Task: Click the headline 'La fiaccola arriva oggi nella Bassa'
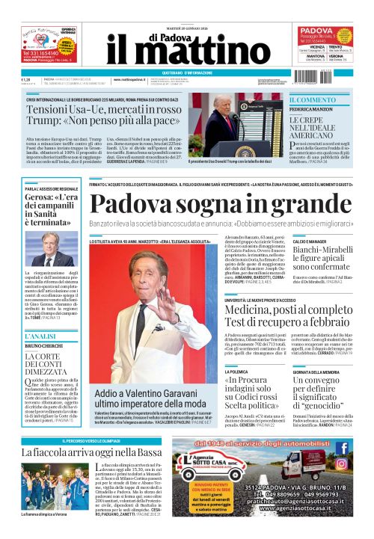click(90, 452)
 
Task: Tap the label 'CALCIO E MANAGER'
click(310, 241)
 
